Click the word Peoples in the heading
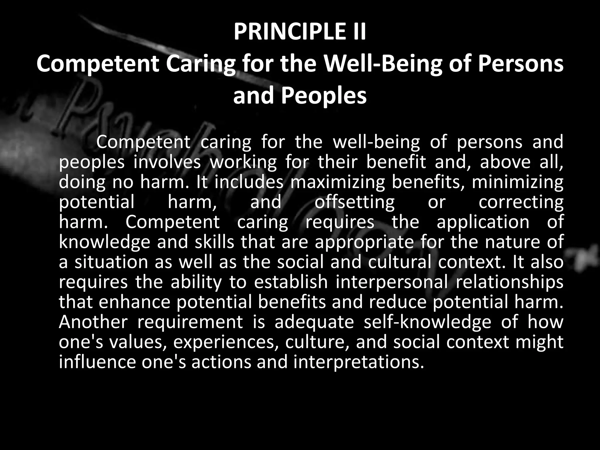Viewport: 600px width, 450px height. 324,96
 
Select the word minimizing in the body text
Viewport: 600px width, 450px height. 517,182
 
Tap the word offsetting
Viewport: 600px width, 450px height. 354,202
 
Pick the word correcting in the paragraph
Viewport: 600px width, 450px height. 521,202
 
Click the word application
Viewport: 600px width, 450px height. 483,222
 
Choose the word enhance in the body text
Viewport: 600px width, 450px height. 134,302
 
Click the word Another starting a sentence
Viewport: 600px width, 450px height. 93,322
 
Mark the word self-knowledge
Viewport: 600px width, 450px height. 427,322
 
